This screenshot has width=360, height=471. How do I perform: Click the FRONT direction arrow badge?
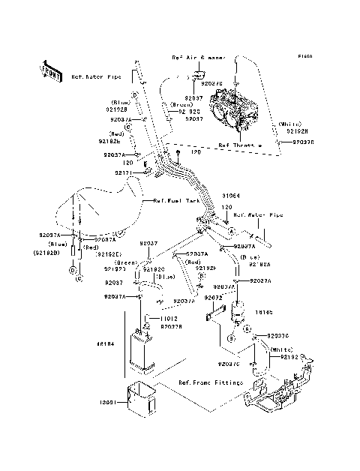coord(51,70)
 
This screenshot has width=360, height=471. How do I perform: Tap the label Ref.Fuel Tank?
coord(173,201)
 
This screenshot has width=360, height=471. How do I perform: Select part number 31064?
coord(230,195)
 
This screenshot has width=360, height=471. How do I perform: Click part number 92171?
coord(124,172)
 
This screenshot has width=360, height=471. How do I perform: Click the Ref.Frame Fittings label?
coord(211,382)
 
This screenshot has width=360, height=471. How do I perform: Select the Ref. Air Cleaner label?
coord(196,57)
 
